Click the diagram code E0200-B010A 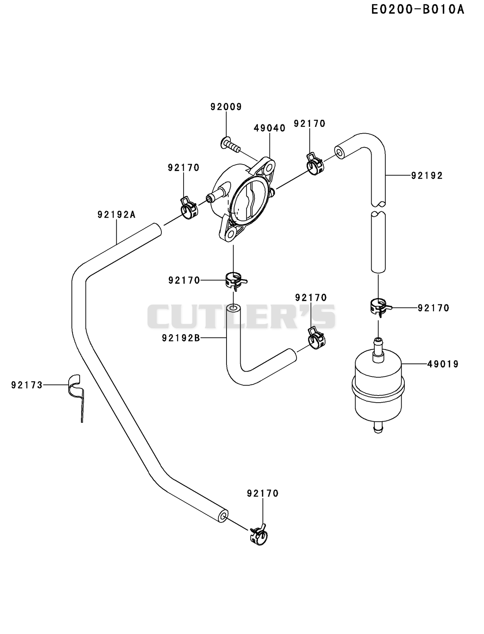418,10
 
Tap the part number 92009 226,107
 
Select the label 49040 269,128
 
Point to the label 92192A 117,214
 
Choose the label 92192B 181,338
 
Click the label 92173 27,385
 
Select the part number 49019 443,364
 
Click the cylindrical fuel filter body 378,389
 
